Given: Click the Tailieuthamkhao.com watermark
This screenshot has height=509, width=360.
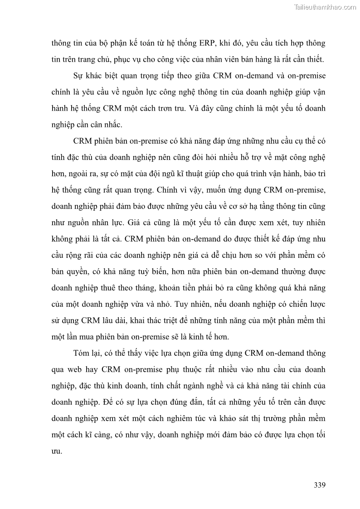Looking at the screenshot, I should click(325, 7).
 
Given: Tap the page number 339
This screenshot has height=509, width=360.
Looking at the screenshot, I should click(320, 485).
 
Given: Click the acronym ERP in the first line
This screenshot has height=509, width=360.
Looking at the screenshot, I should click(207, 44).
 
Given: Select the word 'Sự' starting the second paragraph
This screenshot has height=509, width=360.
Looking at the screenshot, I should click(78, 75).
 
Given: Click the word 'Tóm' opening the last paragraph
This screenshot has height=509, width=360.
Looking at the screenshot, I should click(82, 353).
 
